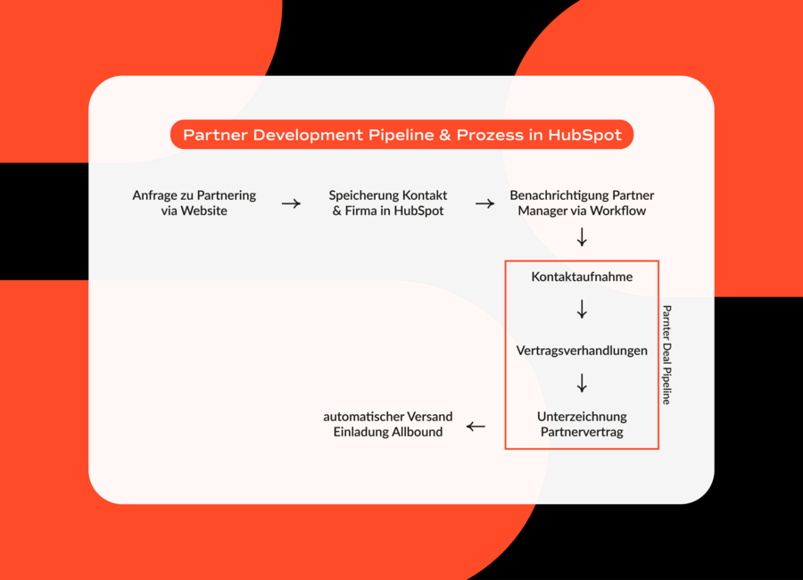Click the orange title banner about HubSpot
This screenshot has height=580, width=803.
coord(401,135)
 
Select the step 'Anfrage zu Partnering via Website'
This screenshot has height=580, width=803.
coord(195,203)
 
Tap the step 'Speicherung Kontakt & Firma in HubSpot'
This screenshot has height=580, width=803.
coord(388,203)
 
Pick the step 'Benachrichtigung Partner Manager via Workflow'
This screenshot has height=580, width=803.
coord(582,203)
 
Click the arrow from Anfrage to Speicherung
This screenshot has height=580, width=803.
coord(291,203)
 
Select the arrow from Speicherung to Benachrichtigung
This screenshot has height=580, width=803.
coord(484,203)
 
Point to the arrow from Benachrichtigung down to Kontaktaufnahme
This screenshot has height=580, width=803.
coord(582,237)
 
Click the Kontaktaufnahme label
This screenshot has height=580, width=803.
coord(582,277)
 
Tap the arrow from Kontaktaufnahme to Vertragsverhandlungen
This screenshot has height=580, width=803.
coord(582,310)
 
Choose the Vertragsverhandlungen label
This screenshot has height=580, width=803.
coord(582,351)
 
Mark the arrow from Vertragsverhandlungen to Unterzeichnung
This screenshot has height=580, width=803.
coord(582,384)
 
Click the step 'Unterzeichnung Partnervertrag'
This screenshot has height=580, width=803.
coord(582,424)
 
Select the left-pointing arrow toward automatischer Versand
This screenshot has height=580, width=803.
coord(476,427)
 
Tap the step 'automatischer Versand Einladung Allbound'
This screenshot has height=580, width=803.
coord(388,424)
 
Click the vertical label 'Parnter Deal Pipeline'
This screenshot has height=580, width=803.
coord(666,355)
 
